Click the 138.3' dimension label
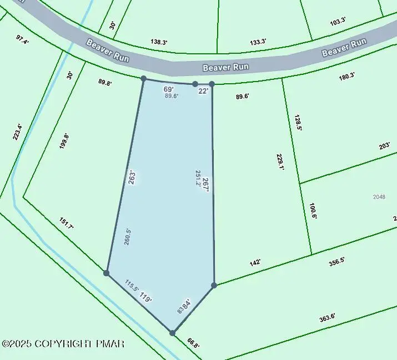click(159, 42)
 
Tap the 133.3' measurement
click(258, 42)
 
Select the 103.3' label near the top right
click(338, 22)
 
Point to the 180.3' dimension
click(346, 77)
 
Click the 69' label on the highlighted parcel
click(168, 89)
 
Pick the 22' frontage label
click(203, 91)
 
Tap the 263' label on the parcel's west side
click(132, 178)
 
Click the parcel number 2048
click(379, 197)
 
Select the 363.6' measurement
click(327, 318)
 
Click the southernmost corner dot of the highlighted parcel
click(173, 333)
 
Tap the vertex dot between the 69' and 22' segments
click(195, 84)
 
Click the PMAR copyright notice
click(63, 344)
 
